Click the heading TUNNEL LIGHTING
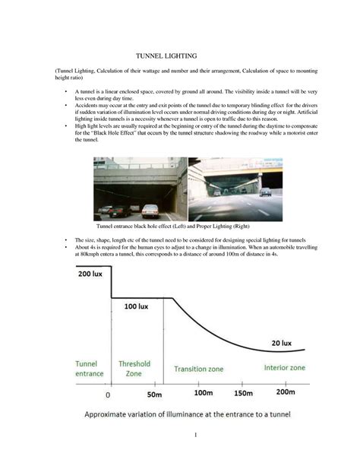click(x=166, y=57)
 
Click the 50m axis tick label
click(x=154, y=395)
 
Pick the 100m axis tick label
click(x=203, y=394)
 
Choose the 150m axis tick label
click(x=243, y=394)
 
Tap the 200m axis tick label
click(x=285, y=393)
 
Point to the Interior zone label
click(x=285, y=367)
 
